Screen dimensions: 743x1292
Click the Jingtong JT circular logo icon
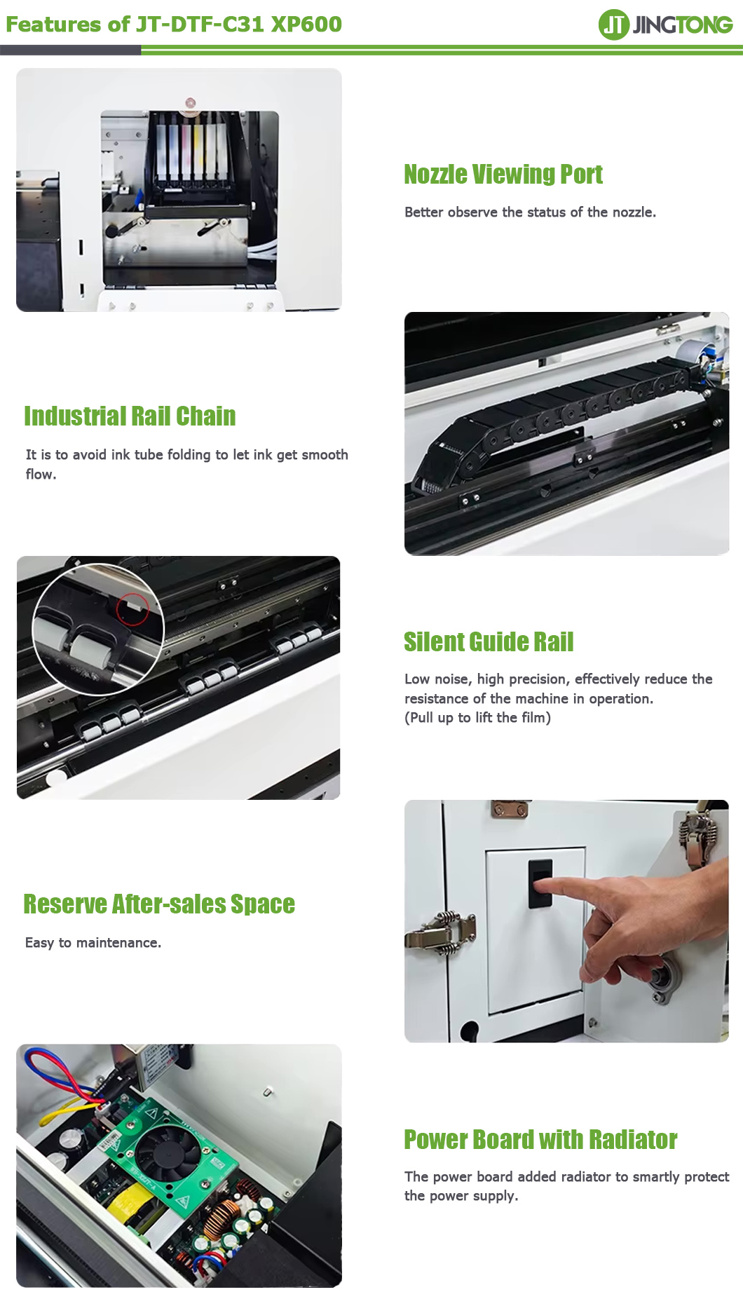point(613,25)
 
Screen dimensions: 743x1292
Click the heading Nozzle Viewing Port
point(503,175)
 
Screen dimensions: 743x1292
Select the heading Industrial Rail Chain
point(130,416)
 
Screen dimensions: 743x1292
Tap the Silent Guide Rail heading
point(489,642)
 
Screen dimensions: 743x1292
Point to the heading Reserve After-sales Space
point(159,904)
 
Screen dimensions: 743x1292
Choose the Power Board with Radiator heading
point(540,1140)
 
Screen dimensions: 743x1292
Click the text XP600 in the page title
point(306,25)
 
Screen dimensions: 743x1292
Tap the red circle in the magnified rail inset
point(132,608)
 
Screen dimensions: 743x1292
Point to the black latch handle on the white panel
point(540,883)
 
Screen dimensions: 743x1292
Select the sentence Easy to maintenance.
point(93,943)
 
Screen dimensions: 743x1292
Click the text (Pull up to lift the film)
point(477,718)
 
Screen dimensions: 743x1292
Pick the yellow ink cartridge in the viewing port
point(199,151)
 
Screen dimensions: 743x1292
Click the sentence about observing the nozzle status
point(530,212)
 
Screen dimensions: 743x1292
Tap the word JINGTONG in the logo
point(683,25)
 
